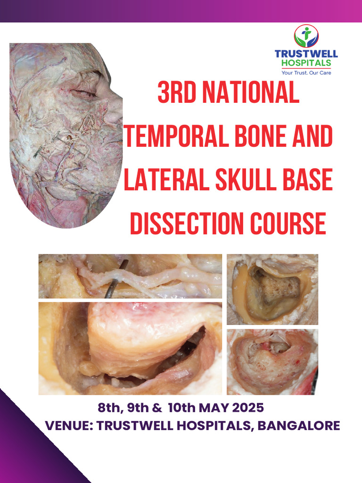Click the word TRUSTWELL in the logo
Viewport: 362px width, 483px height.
(x=306, y=54)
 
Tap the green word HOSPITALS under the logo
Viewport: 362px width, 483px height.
(x=306, y=63)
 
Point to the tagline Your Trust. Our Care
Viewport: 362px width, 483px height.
(x=306, y=73)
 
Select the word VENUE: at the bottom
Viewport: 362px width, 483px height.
(x=69, y=425)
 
